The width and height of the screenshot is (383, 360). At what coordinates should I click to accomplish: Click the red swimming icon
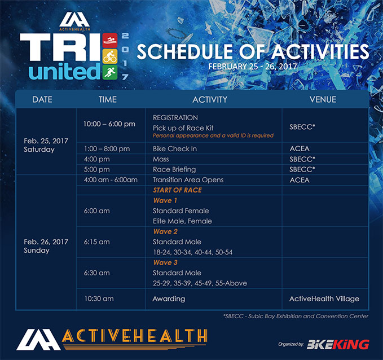pyautogui.click(x=110, y=40)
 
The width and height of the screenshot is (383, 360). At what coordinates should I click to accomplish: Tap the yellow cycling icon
pyautogui.click(x=110, y=56)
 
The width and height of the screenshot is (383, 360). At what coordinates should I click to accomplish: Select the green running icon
pyautogui.click(x=110, y=72)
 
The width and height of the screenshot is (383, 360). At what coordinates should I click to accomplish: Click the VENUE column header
pyautogui.click(x=323, y=99)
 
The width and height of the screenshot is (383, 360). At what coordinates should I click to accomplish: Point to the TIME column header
pyautogui.click(x=108, y=99)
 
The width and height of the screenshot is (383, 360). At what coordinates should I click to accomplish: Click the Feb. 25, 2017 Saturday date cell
pyautogui.click(x=46, y=145)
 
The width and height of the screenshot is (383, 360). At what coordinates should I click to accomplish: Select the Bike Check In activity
pyautogui.click(x=175, y=148)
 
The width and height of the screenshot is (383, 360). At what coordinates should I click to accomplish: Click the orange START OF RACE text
pyautogui.click(x=177, y=190)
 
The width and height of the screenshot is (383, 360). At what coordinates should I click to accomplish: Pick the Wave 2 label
pyautogui.click(x=165, y=231)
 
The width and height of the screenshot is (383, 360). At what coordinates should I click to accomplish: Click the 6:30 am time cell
pyautogui.click(x=96, y=273)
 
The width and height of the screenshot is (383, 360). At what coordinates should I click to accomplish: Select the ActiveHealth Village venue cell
pyautogui.click(x=324, y=298)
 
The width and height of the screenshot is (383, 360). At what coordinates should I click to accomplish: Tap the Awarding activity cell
pyautogui.click(x=169, y=298)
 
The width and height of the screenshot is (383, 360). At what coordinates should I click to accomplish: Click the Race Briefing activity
pyautogui.click(x=174, y=169)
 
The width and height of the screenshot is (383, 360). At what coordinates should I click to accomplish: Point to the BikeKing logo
pyautogui.click(x=338, y=344)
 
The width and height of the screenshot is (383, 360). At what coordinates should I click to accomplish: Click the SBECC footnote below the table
pyautogui.click(x=296, y=316)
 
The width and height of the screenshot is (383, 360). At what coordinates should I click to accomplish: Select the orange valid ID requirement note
pyautogui.click(x=213, y=135)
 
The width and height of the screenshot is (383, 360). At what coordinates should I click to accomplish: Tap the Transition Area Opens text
pyautogui.click(x=188, y=180)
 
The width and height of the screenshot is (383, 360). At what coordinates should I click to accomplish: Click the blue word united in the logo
pyautogui.click(x=64, y=72)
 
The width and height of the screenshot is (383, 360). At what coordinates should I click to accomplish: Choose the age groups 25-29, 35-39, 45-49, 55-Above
pyautogui.click(x=200, y=283)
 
